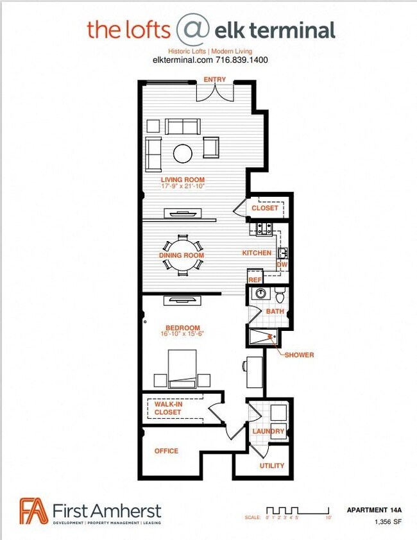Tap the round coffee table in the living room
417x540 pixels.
[183, 153]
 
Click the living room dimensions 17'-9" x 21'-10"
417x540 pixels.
[182, 188]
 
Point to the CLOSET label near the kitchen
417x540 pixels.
[265, 208]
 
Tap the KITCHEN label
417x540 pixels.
[257, 253]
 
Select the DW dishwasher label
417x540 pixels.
[282, 264]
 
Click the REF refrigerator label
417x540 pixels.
[255, 280]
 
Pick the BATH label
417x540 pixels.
[275, 312]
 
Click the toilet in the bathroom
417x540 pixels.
[280, 296]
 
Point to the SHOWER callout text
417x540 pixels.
[299, 355]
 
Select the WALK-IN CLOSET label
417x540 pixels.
[167, 409]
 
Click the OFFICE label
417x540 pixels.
[166, 451]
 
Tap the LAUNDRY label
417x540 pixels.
[268, 431]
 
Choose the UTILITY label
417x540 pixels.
[271, 466]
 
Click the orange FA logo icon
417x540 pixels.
[33, 511]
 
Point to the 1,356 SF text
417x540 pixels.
[386, 521]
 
